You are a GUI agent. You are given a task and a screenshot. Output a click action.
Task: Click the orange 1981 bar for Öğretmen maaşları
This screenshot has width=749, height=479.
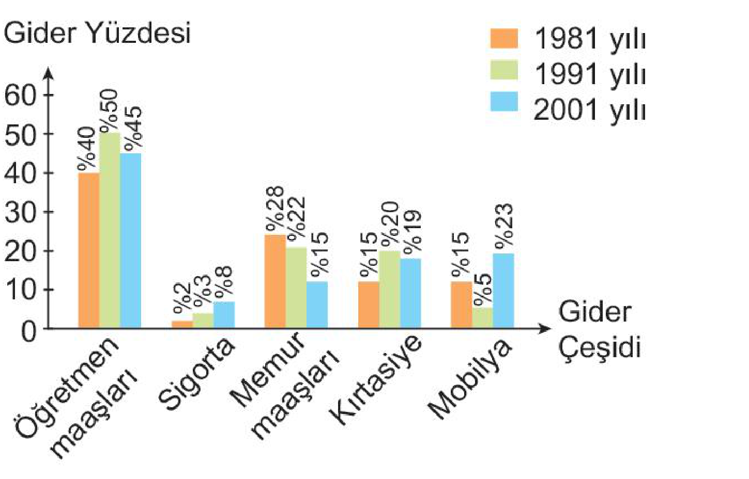click(x=88, y=250)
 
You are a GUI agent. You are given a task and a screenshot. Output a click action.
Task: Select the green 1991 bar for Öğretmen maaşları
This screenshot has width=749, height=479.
click(x=110, y=230)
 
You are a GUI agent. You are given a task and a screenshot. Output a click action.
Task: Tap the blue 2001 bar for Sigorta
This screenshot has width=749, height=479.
click(x=224, y=315)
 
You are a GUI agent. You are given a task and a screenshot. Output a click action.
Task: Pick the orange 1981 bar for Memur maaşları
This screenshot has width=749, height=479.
click(x=275, y=281)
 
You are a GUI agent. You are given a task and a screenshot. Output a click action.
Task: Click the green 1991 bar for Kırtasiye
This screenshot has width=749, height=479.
click(x=389, y=289)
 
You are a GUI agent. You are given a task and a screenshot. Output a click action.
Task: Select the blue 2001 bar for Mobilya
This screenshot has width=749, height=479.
click(x=503, y=291)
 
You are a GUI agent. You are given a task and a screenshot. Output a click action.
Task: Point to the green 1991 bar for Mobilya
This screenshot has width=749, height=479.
click(x=482, y=317)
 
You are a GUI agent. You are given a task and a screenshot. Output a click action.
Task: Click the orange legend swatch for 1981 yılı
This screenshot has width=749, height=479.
click(x=503, y=39)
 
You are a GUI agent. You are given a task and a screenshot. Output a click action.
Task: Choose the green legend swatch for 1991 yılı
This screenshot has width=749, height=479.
click(x=503, y=70)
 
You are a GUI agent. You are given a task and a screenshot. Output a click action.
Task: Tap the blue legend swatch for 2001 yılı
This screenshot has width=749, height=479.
click(x=503, y=102)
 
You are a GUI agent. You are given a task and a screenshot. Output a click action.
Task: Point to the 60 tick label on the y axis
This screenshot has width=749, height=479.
click(x=21, y=95)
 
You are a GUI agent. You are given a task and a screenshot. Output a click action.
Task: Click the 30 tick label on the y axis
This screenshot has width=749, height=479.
click(x=21, y=212)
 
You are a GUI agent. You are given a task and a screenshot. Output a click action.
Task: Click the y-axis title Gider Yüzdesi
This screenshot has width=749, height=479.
click(x=97, y=33)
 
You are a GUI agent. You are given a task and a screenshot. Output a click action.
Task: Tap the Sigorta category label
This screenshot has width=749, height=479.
click(x=196, y=374)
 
